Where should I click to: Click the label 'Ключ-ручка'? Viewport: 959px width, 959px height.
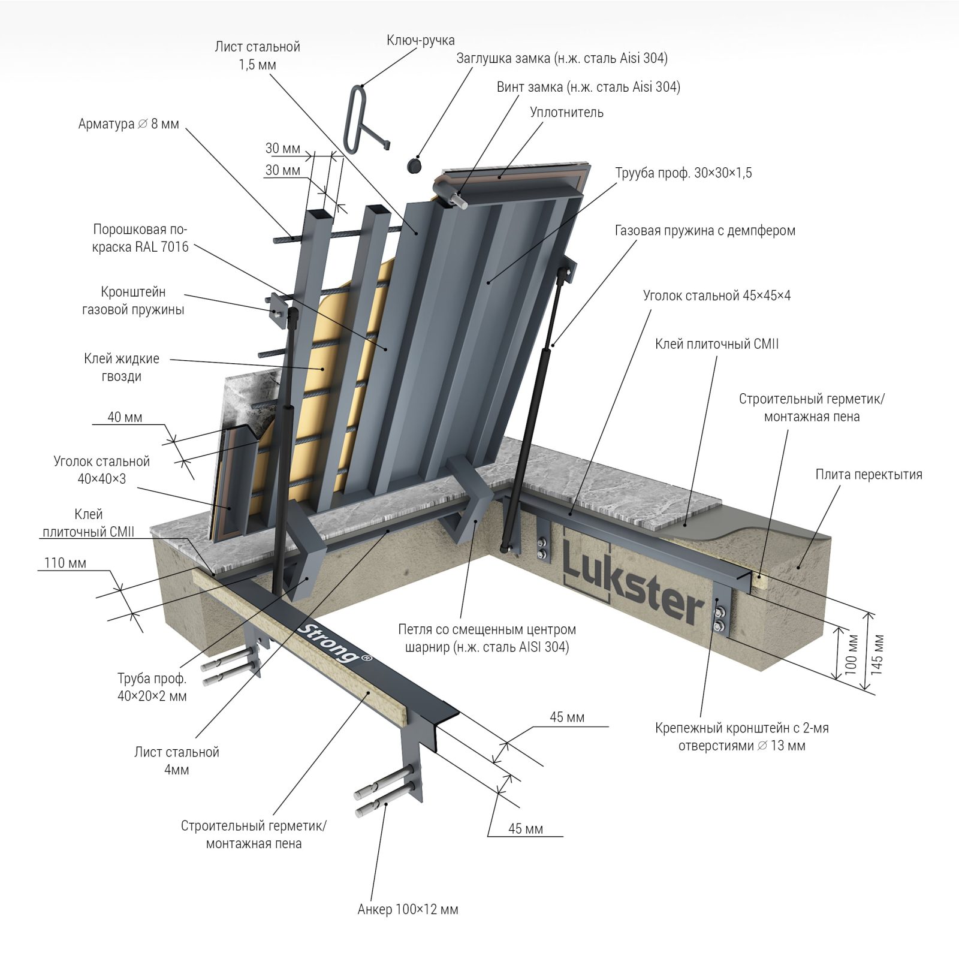421,40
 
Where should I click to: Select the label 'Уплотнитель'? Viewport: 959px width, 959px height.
566,112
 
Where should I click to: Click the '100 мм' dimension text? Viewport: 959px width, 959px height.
851,655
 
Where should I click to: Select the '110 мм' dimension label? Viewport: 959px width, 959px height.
65,563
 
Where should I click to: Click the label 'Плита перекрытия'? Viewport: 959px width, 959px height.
868,474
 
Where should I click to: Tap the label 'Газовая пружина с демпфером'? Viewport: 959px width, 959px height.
705,230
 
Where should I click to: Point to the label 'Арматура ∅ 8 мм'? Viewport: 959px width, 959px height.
128,124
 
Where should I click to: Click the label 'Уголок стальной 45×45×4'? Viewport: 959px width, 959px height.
717,295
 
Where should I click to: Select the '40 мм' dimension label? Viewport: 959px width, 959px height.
125,417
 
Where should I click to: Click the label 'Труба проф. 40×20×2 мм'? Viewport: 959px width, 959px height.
152,687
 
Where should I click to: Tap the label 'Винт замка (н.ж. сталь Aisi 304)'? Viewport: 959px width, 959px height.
589,87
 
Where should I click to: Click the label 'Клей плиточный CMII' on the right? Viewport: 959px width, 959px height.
717,344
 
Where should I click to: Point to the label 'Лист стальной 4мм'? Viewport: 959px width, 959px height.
177,761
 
